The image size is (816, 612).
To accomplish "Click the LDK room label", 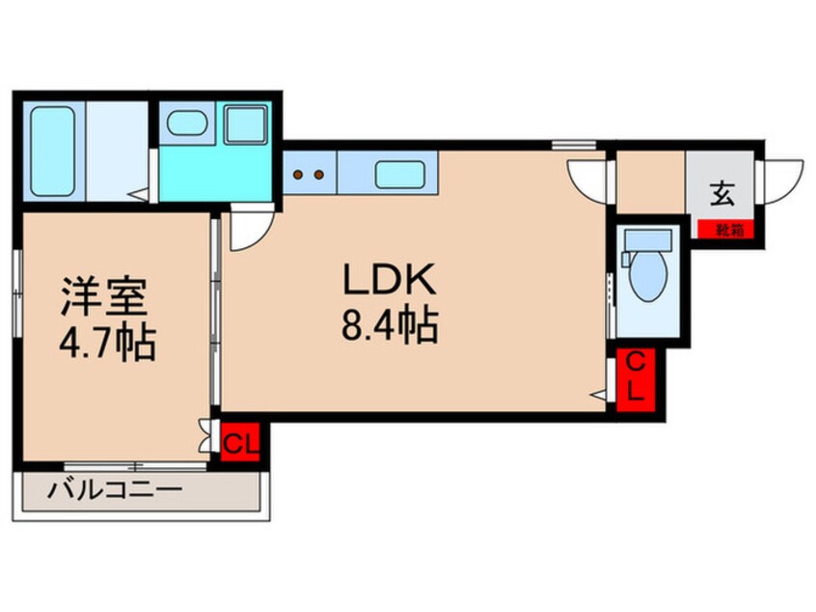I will tap(391, 281).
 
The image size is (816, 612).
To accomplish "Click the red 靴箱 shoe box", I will tap(729, 231).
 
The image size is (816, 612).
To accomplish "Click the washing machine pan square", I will tap(245, 125).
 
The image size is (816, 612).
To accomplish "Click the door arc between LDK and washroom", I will tap(249, 228).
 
